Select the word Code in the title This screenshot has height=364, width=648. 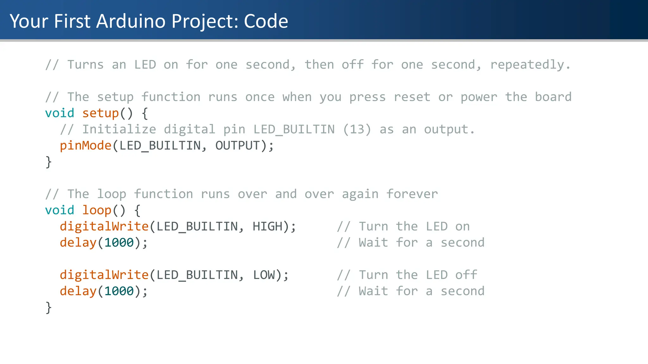(266, 21)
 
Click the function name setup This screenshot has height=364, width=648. (100, 113)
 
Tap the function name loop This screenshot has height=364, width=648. (97, 210)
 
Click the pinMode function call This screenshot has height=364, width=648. (85, 146)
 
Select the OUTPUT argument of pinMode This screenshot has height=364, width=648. (237, 146)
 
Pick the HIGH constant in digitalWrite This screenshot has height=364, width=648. (267, 227)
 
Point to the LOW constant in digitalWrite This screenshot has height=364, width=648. (264, 275)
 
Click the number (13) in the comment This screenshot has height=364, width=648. (357, 130)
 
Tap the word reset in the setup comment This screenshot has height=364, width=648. (412, 97)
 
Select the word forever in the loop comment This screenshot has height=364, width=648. (412, 194)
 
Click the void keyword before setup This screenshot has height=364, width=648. (59, 113)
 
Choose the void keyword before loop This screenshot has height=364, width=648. (59, 210)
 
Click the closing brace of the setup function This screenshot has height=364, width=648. (48, 162)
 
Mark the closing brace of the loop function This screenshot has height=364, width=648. (48, 307)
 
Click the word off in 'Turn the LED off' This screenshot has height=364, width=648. (466, 275)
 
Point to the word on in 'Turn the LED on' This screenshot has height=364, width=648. (462, 227)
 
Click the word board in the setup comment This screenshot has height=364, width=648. (553, 97)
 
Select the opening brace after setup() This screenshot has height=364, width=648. (145, 113)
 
